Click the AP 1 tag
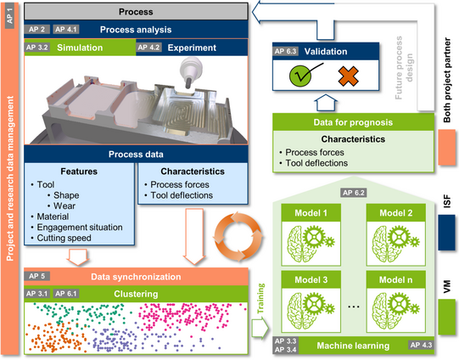tap(9, 16)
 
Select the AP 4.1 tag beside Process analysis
tap(66, 29)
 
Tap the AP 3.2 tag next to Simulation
tap(36, 48)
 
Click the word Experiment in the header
tap(192, 48)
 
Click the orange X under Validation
tap(349, 76)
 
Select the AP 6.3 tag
tap(285, 51)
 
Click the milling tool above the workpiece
tap(190, 72)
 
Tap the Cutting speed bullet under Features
tap(61, 238)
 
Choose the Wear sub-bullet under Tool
tap(61, 206)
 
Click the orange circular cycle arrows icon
tap(238, 237)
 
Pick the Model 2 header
tap(395, 213)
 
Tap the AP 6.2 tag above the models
tap(354, 193)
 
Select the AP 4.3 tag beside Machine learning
tap(421, 345)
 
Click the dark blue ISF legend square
tap(447, 233)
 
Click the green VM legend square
tap(447, 317)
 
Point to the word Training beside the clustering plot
tap(260, 298)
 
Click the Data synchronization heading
tap(136, 277)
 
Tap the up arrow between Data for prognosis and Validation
tap(326, 102)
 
